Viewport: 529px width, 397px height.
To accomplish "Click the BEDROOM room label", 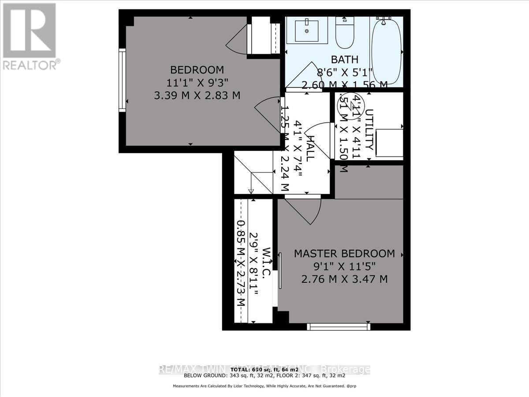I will tap(197, 70).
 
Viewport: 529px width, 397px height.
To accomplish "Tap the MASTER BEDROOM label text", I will tap(344, 254).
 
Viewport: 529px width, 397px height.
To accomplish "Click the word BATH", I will tap(344, 60).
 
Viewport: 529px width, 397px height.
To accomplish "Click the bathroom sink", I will tap(308, 30).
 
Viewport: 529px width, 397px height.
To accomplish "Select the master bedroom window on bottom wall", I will tap(339, 326).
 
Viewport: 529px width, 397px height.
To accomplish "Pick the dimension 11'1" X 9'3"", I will tap(197, 82).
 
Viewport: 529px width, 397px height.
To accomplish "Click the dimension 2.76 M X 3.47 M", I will tap(344, 279).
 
